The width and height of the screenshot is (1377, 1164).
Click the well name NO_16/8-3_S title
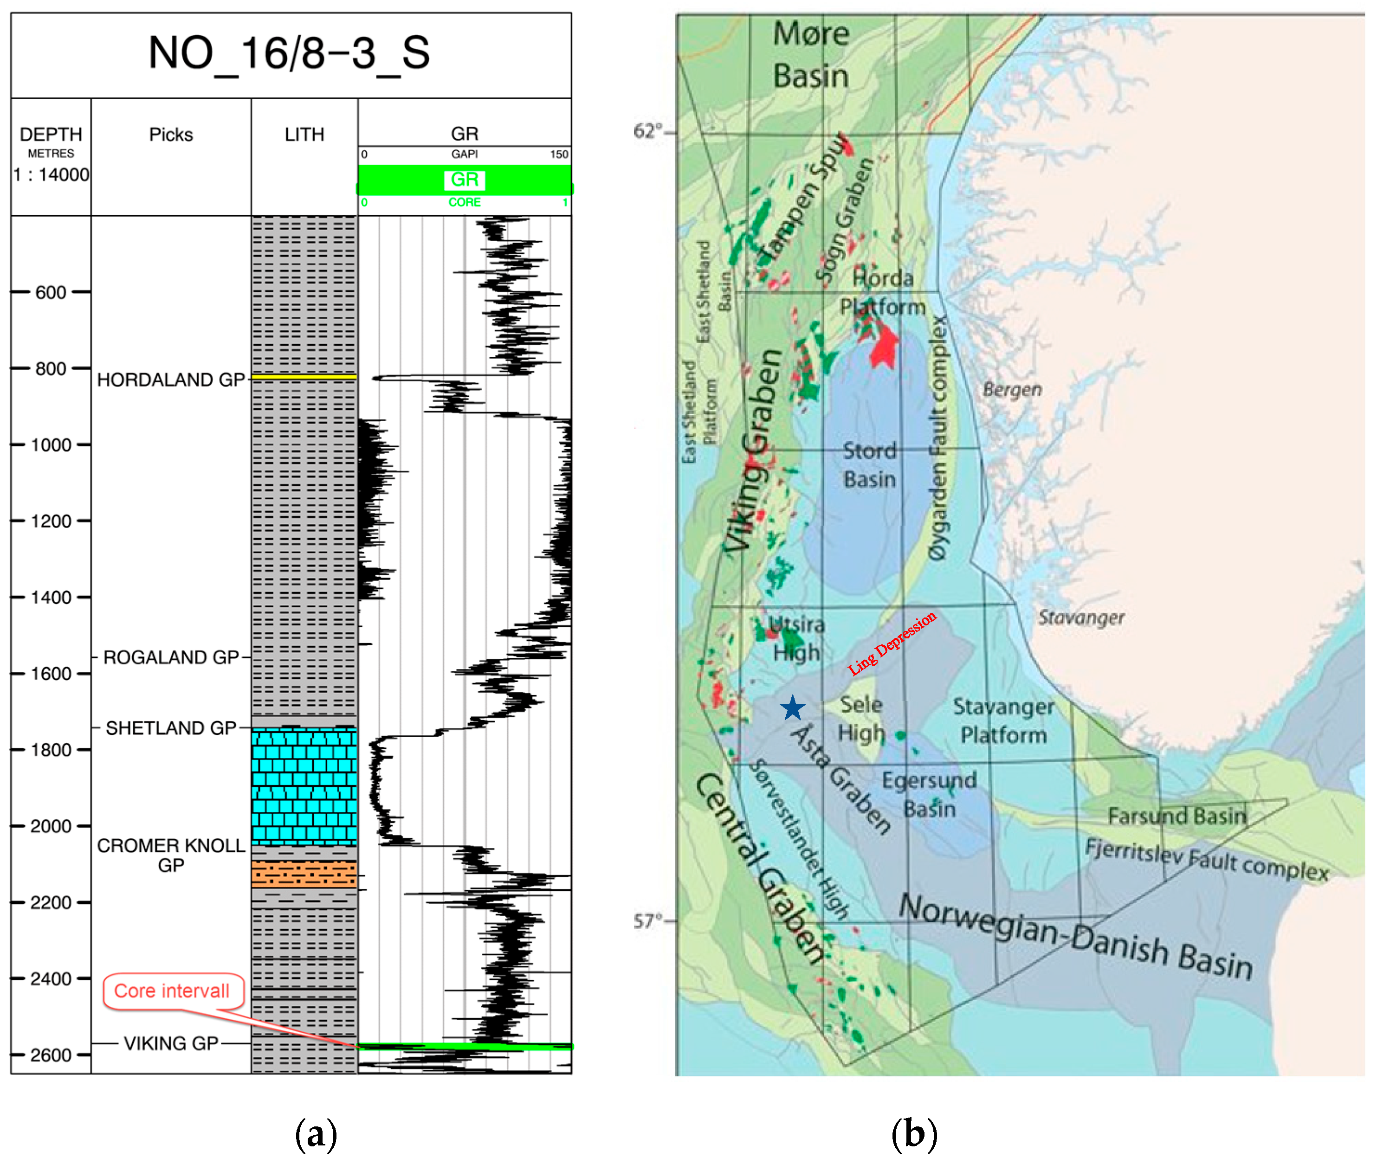click(x=289, y=53)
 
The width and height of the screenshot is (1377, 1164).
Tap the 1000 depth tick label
click(x=51, y=445)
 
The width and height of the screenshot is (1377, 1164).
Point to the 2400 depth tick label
click(x=51, y=978)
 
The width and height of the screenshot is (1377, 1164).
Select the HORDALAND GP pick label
click(x=171, y=380)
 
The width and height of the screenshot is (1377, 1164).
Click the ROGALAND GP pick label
click(x=171, y=657)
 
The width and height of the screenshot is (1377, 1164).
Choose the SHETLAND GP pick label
click(x=171, y=728)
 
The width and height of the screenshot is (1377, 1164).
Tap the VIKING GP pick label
click(x=171, y=1043)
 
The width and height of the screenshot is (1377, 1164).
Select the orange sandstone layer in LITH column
click(x=304, y=874)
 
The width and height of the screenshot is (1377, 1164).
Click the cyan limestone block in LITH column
click(x=304, y=786)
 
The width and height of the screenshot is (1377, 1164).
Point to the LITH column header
click(x=304, y=135)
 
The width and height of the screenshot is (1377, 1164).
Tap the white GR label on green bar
click(x=465, y=180)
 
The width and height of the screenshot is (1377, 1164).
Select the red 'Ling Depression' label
click(x=892, y=643)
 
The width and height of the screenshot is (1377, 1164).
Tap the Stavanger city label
click(x=1080, y=617)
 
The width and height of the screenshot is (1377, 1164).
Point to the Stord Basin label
click(x=869, y=465)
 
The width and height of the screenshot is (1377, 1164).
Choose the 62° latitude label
click(x=647, y=131)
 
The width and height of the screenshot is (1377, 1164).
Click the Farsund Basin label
click(x=1177, y=816)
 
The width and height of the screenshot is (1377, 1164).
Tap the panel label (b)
click(x=914, y=1134)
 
